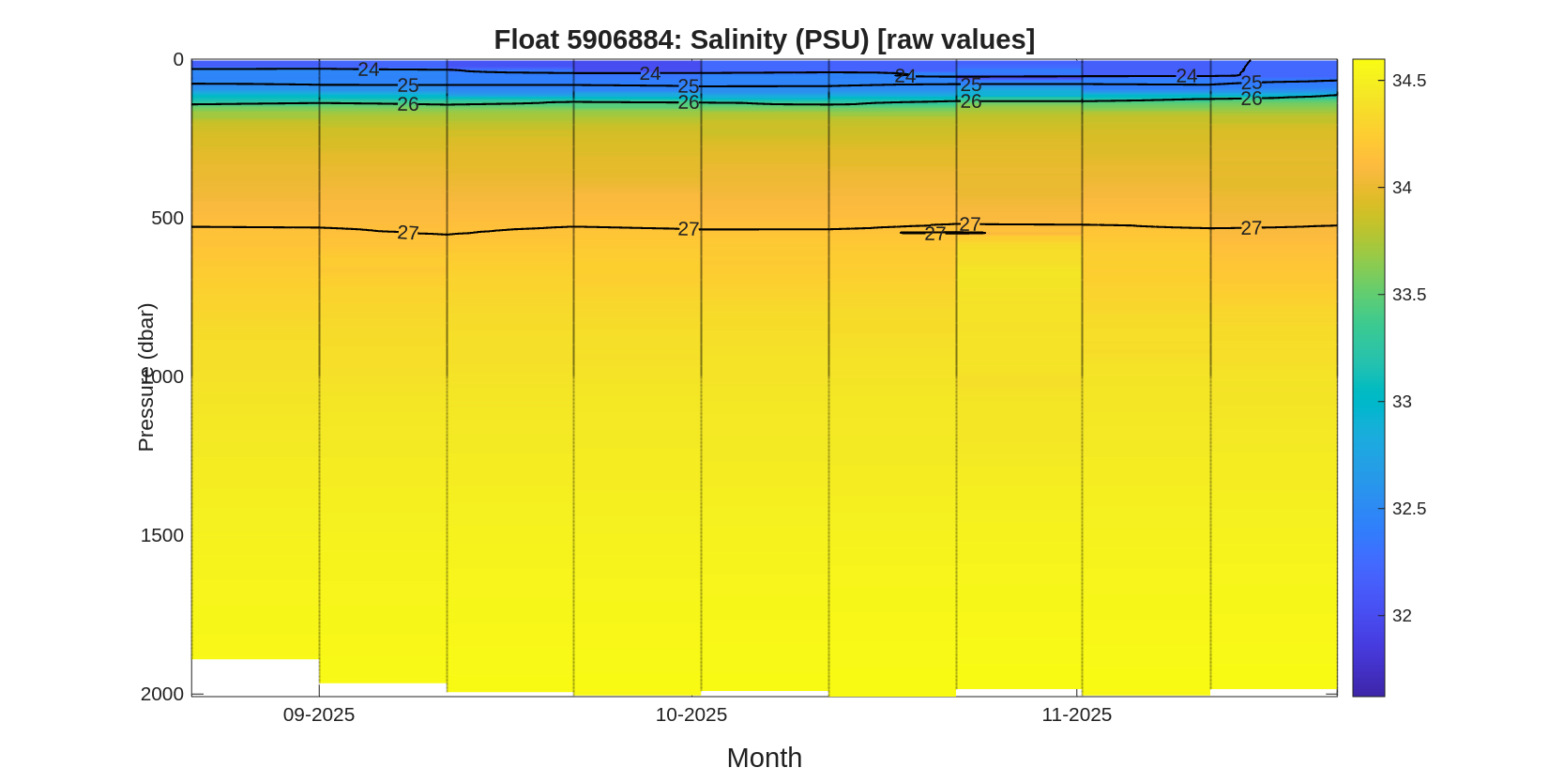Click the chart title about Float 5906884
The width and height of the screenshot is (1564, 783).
(764, 39)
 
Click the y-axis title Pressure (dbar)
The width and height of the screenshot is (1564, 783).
(145, 376)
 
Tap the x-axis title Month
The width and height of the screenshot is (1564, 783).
(764, 758)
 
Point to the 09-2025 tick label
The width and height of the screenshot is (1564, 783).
(319, 714)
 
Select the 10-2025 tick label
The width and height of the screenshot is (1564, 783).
(691, 714)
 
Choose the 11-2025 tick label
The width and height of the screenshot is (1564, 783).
(1076, 714)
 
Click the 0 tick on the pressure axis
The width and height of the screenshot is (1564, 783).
(178, 60)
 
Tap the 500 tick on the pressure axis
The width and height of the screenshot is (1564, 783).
(167, 219)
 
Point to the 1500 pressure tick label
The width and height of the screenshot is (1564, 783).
(162, 535)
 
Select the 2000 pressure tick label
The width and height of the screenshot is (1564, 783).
(162, 694)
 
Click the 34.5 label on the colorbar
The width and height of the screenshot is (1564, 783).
(1408, 81)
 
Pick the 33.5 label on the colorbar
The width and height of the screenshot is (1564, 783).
(1408, 295)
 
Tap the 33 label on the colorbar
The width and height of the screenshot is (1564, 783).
(1402, 402)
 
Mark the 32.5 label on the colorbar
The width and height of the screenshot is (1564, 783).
(1408, 509)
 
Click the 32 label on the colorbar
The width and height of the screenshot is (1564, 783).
(1402, 616)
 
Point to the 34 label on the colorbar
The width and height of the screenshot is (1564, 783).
(1402, 188)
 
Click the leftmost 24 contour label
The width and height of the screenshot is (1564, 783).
(368, 69)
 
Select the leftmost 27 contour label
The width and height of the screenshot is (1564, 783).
(407, 233)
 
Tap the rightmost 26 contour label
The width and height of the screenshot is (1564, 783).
(1251, 99)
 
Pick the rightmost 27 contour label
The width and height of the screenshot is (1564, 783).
(1251, 228)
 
